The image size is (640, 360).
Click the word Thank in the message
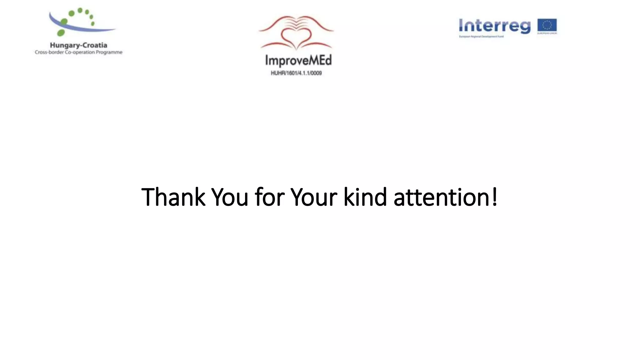[173, 197]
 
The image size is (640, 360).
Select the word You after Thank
[230, 197]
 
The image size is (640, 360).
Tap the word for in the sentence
[269, 197]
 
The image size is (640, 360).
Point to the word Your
[314, 197]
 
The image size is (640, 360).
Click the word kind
[365, 197]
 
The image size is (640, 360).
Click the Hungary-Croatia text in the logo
[78, 46]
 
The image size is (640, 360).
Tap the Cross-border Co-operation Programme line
[78, 52]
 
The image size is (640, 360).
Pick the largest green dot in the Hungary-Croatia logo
[61, 32]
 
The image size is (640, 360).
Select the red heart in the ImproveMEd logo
[296, 37]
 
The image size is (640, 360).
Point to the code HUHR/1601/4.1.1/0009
[296, 73]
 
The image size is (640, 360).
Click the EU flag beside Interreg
[547, 25]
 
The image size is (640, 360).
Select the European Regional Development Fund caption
[481, 37]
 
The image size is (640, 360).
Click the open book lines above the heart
[296, 22]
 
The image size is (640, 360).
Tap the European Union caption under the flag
[547, 33]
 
